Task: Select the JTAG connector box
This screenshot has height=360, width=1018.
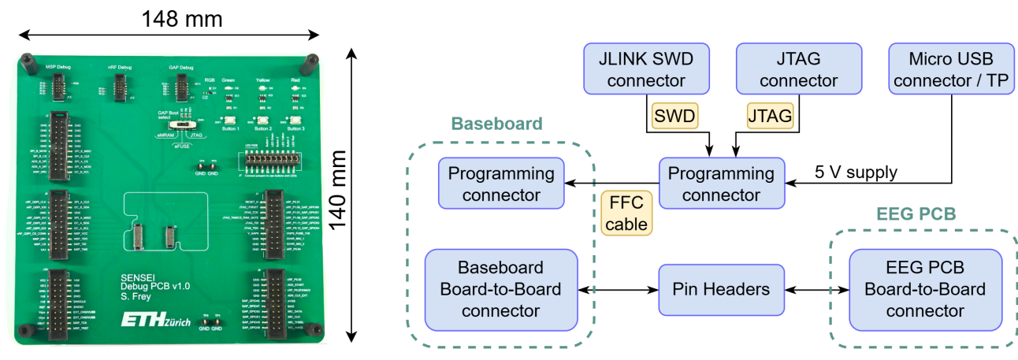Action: (x=798, y=69)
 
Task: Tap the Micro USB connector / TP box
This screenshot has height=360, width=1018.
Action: (x=950, y=69)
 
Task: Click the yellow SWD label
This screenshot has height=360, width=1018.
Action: (x=674, y=117)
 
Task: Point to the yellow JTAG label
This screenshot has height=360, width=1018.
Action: (x=769, y=117)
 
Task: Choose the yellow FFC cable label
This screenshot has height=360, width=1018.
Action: (x=626, y=213)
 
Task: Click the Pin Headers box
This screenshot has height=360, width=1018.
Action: (x=722, y=289)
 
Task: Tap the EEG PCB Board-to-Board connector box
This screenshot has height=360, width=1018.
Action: (x=924, y=289)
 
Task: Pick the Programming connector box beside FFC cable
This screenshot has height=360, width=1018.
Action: (x=722, y=184)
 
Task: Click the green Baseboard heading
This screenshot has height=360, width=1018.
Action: (x=496, y=124)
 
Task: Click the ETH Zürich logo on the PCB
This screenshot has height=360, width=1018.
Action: (x=154, y=321)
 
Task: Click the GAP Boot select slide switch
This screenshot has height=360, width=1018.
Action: (x=186, y=125)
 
